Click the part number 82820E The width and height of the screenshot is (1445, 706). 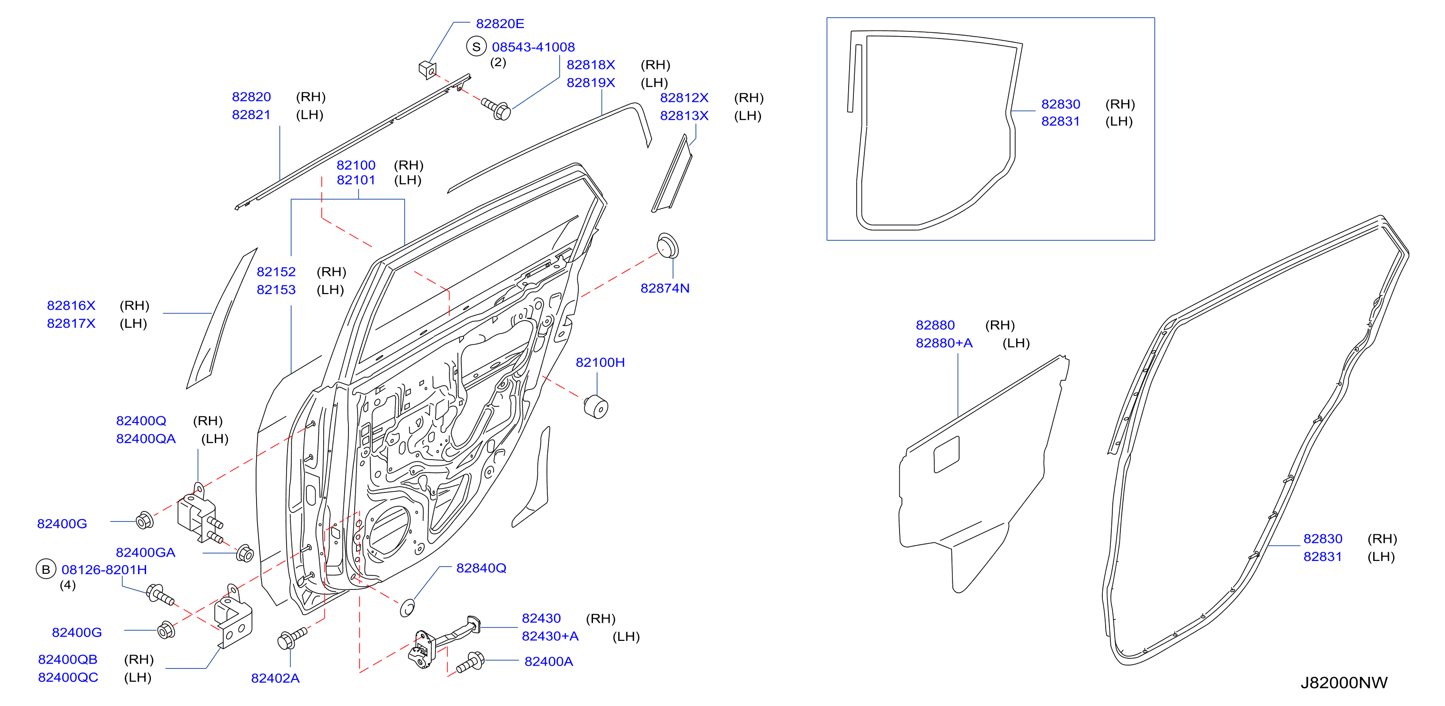[500, 24]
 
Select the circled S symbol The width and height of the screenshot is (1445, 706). [476, 47]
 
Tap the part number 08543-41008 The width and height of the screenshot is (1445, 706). [534, 47]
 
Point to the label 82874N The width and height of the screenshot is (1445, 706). [665, 288]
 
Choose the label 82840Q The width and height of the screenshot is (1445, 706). [481, 568]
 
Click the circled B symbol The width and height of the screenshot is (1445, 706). [46, 569]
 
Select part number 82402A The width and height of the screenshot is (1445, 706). [276, 678]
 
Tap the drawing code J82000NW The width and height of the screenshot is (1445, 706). [1344, 682]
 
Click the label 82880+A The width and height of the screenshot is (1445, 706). [944, 343]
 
